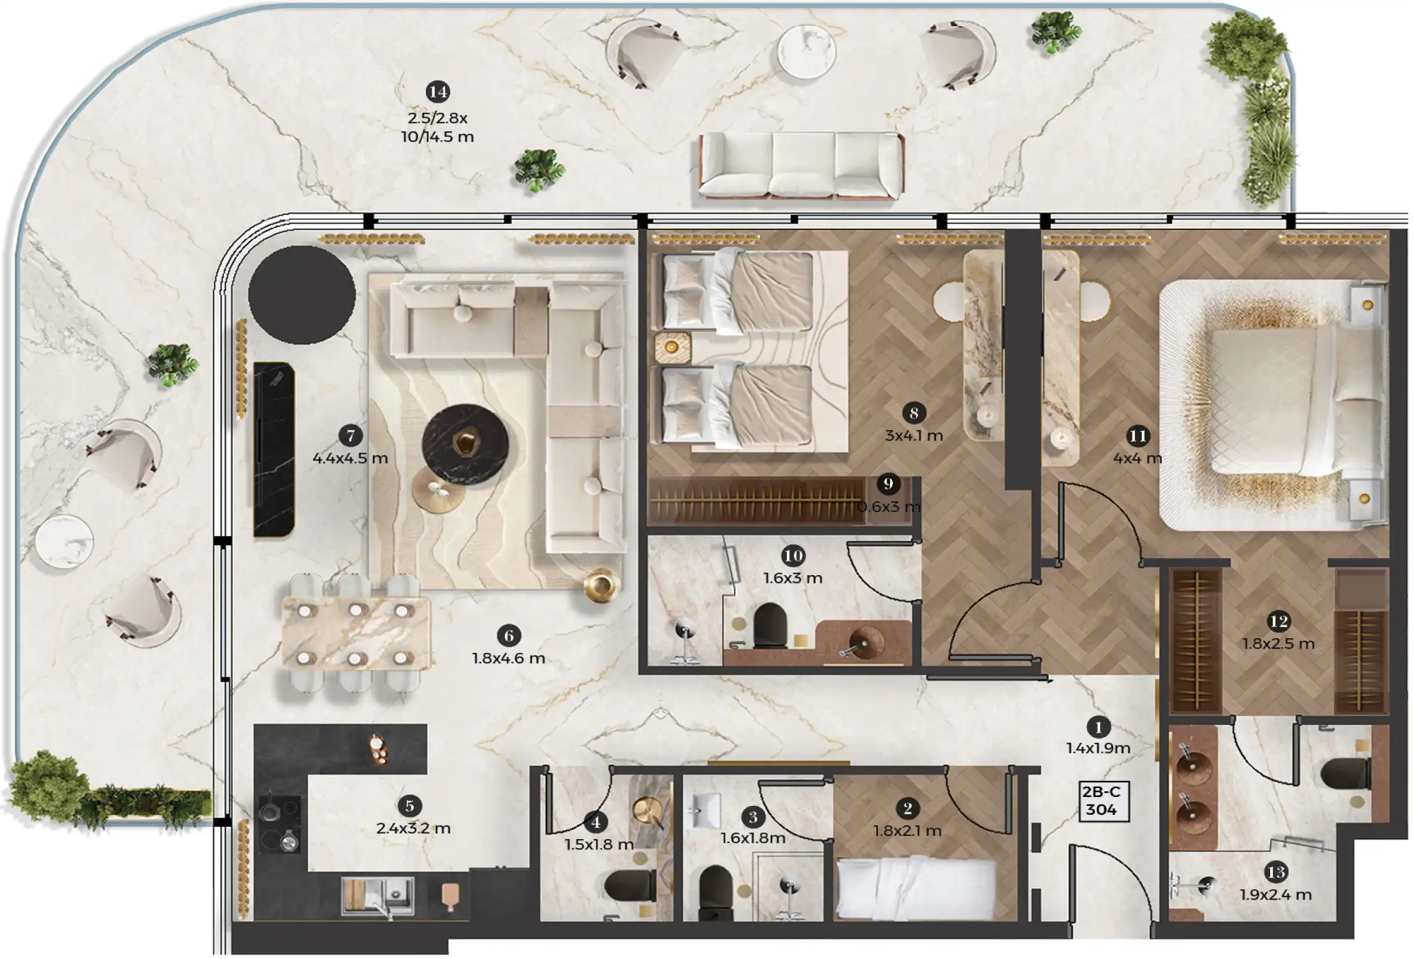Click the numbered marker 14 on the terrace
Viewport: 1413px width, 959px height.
pos(437,92)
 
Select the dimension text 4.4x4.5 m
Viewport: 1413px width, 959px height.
pos(350,458)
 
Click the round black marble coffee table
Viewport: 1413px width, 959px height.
pos(465,444)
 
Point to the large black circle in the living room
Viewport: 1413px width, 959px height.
pos(302,295)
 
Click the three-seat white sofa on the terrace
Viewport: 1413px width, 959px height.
pos(801,165)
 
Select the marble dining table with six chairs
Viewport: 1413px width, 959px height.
pos(355,633)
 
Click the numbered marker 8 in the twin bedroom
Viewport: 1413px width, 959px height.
pos(914,413)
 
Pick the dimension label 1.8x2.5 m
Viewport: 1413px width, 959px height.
pos(1278,643)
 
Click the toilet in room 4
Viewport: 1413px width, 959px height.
pos(630,885)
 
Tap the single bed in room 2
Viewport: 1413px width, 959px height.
pos(916,888)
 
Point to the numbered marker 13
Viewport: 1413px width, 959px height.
pos(1276,872)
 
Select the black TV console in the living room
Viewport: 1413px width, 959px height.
pos(274,450)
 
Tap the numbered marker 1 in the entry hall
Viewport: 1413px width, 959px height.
pos(1098,726)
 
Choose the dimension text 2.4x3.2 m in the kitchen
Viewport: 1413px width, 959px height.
pos(413,828)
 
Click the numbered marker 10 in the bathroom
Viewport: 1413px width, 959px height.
pos(793,556)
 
